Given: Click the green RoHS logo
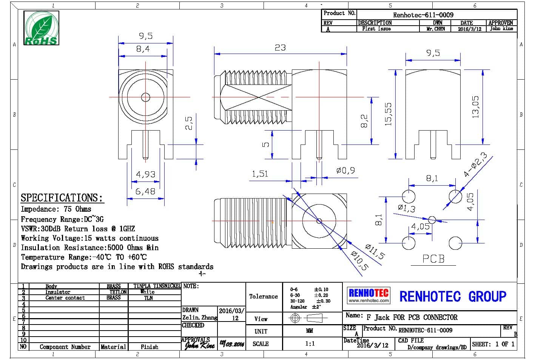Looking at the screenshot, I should coord(42,28).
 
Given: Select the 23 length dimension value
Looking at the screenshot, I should coord(280,48).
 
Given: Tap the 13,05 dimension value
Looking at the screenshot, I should coord(475,107).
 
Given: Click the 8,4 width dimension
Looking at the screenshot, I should coord(143,49).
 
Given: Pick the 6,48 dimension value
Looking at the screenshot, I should coord(145,191).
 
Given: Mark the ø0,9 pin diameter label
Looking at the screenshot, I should coord(345,171).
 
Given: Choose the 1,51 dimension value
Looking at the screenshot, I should coord(260,174).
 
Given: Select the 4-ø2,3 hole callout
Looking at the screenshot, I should coord(475,165).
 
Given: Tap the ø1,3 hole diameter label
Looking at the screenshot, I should coord(406,208).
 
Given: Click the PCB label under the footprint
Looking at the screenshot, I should coord(433,259).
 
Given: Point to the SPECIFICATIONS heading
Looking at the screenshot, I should coord(62,198).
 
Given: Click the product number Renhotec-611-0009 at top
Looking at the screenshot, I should coord(423,15).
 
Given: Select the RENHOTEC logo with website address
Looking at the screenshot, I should coord(368,295).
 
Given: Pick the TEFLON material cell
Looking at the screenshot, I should coord(117,292).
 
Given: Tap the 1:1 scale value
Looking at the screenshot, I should coord(309,344).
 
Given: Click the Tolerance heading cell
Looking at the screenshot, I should coord(263,297).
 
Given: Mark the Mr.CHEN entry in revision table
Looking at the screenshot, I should coord(435,29).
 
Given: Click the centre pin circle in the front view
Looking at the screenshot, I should coord(145,97).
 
